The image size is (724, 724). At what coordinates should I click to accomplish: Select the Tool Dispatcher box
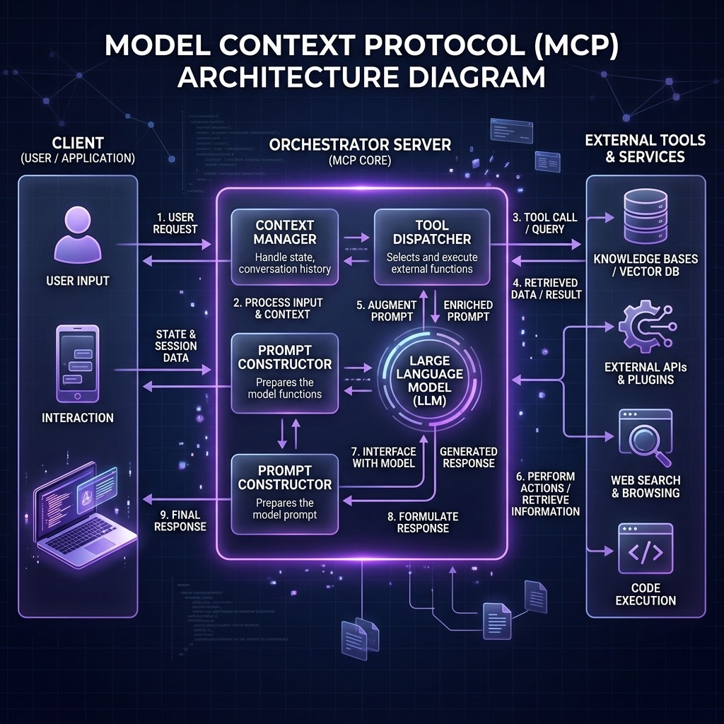coord(431,244)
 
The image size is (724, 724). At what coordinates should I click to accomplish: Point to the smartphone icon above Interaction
coord(77,363)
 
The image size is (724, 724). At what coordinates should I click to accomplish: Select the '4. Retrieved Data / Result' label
coord(545,288)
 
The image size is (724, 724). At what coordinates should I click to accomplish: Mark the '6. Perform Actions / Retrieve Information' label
coord(547,494)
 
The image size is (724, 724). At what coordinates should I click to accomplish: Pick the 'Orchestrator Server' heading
coord(360,145)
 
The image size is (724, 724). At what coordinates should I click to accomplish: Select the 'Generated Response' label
coord(468,457)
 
